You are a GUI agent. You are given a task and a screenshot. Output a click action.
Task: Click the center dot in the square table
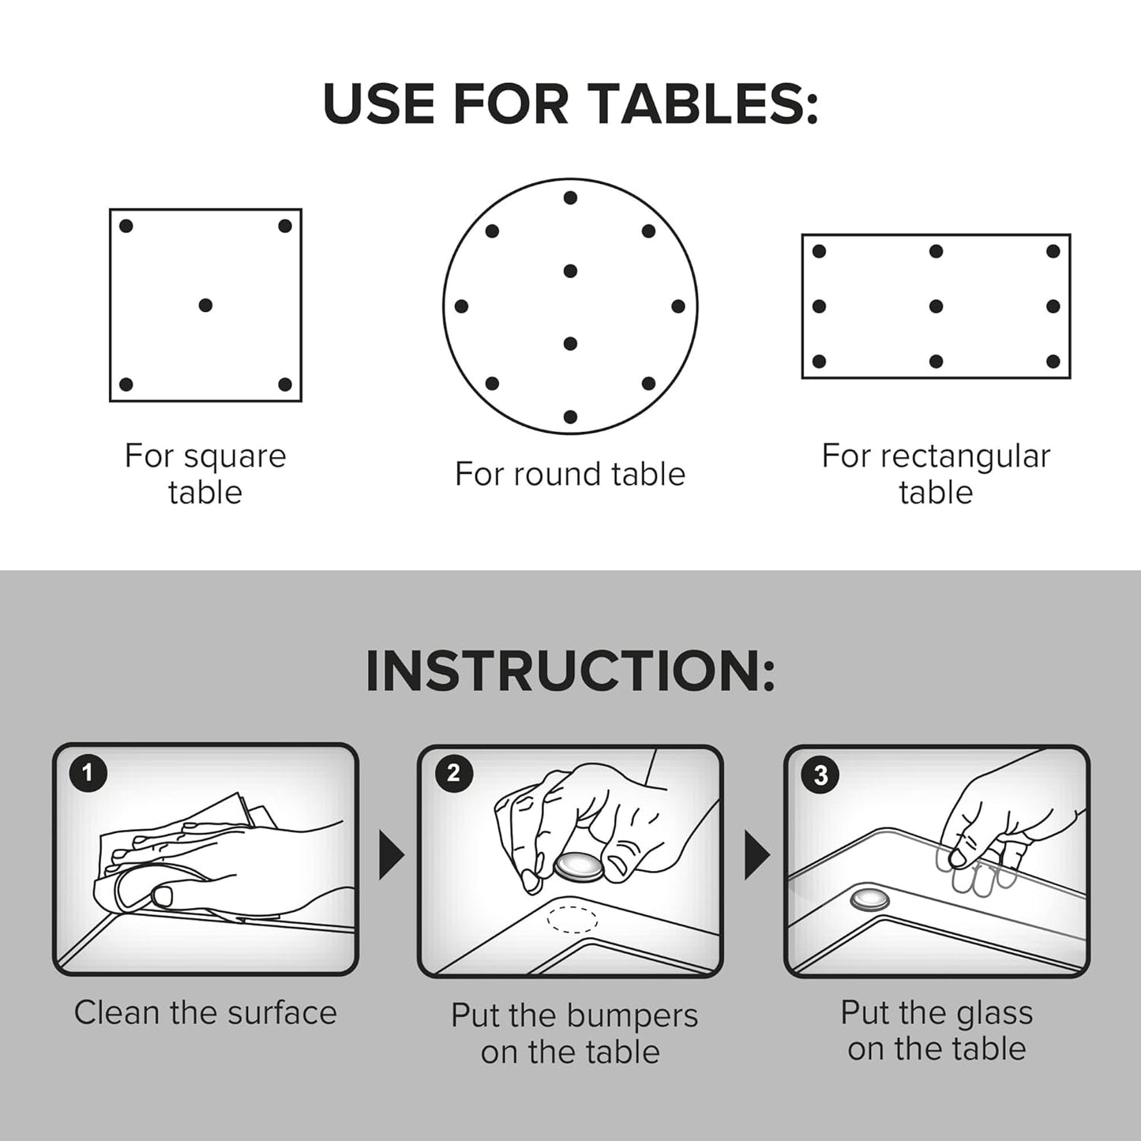click(x=205, y=305)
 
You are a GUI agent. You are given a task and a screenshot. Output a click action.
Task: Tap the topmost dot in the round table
click(x=570, y=197)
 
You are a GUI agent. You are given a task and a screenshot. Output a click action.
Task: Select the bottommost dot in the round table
click(x=570, y=417)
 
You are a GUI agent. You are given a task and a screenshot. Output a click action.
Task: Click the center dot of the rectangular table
click(x=936, y=306)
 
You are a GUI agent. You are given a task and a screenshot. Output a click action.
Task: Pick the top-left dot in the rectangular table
click(x=819, y=251)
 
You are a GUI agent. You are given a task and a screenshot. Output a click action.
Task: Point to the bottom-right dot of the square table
click(x=285, y=385)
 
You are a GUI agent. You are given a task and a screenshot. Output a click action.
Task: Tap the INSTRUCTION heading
click(x=570, y=672)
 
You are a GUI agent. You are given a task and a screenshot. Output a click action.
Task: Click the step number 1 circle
click(x=88, y=772)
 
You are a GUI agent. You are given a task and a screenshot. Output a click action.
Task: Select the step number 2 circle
click(x=453, y=773)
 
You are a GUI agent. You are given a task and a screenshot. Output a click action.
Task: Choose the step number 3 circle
click(x=820, y=775)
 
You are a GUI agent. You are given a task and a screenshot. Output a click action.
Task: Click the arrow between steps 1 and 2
click(x=391, y=855)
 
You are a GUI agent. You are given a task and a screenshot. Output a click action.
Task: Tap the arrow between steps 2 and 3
click(x=756, y=855)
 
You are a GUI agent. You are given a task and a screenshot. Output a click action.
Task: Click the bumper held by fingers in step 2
click(x=579, y=868)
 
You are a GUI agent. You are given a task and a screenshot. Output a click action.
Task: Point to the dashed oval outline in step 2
click(x=572, y=919)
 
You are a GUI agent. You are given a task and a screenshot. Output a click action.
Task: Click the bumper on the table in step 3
click(x=869, y=900)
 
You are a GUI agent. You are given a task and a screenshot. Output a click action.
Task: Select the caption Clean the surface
click(x=205, y=1013)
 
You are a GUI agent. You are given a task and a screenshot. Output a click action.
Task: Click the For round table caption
click(x=570, y=475)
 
